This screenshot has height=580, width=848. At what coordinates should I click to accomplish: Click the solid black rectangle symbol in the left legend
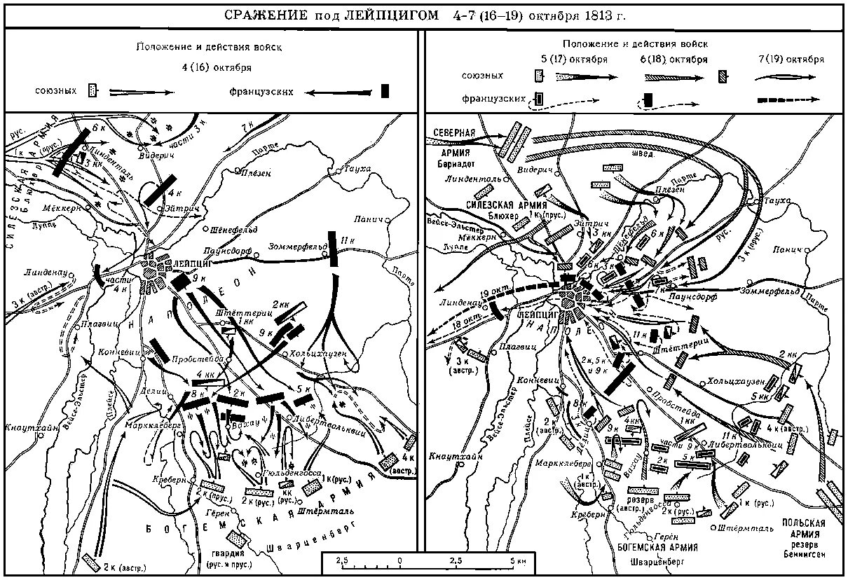(x=384, y=91)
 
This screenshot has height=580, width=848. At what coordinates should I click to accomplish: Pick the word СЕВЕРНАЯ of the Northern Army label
(x=453, y=133)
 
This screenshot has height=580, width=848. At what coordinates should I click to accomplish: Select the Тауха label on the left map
(x=356, y=168)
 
